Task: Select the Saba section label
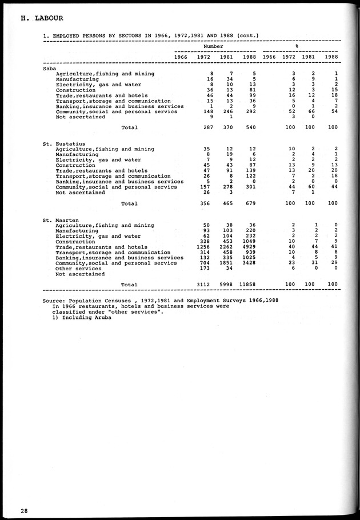click(50, 68)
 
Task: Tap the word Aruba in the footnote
click(101, 317)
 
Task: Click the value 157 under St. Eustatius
click(207, 187)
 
